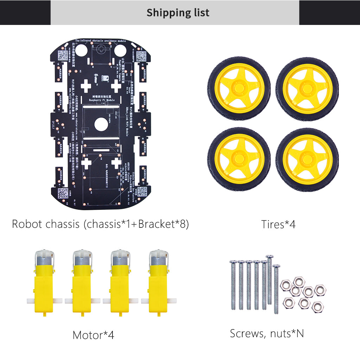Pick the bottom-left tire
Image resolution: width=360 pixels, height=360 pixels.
(x=239, y=159)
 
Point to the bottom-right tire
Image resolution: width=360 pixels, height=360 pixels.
(x=307, y=159)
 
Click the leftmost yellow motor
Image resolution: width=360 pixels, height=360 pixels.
(x=44, y=285)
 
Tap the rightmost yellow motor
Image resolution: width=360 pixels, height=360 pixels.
(x=159, y=285)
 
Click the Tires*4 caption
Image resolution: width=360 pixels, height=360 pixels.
(x=278, y=224)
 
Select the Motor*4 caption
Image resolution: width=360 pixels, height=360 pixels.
(x=93, y=335)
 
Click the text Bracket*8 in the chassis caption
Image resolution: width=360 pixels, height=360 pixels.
(x=163, y=224)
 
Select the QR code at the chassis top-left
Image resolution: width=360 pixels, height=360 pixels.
(x=63, y=55)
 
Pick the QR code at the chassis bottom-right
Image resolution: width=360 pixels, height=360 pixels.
(x=142, y=192)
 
